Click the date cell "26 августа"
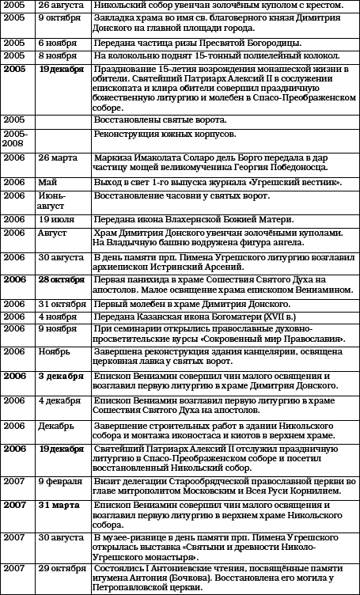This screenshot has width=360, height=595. click(60, 6)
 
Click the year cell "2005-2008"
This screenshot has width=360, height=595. click(15, 141)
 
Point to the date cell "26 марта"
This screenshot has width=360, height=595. click(57, 157)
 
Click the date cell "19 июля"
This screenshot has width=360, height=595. click(55, 218)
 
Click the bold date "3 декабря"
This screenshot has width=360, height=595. click(61, 377)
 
